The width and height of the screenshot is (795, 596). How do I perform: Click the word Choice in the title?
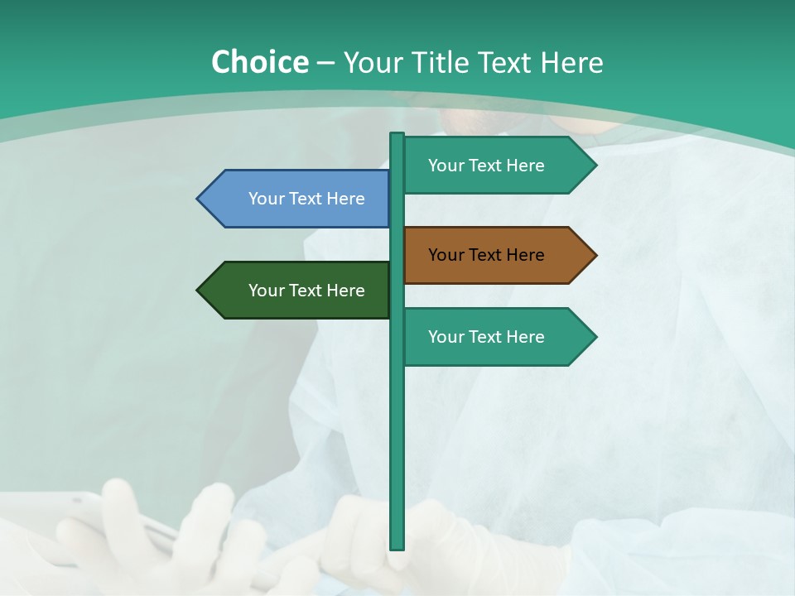[x=259, y=62]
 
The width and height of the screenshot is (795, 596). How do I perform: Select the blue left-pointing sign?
[x=298, y=199]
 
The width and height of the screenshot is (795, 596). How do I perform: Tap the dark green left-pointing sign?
[x=298, y=290]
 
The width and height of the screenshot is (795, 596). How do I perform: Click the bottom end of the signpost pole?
[x=397, y=546]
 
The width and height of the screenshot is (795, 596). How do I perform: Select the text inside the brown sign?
[x=486, y=255]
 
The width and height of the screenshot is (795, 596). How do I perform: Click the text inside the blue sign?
[x=306, y=199]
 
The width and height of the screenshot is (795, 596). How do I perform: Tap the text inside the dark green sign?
[x=306, y=291]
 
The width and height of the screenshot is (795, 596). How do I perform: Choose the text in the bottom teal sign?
[x=486, y=337]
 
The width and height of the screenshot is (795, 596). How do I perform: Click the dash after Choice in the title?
[x=325, y=63]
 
